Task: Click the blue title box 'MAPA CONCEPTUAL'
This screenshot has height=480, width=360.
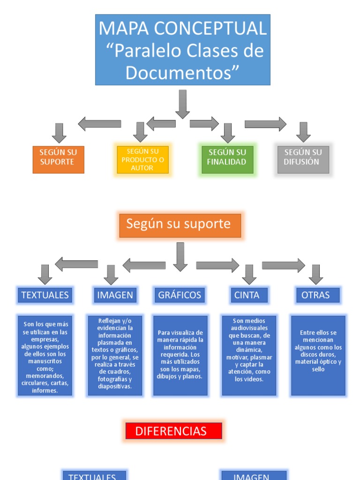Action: tap(182, 49)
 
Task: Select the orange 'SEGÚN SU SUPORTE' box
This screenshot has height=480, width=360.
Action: tap(59, 159)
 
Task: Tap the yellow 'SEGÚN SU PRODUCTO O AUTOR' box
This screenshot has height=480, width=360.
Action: tap(142, 159)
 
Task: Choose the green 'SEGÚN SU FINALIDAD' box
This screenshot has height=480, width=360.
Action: tap(227, 159)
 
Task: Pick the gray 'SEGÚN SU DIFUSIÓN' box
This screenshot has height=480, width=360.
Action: tap(303, 159)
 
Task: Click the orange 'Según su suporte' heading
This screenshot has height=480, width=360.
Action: tap(180, 225)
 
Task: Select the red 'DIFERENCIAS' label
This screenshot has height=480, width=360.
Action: tap(173, 431)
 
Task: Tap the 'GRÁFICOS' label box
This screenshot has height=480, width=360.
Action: tap(180, 295)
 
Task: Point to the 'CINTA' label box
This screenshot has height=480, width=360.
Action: tap(250, 295)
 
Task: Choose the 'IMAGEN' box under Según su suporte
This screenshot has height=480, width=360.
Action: tap(115, 295)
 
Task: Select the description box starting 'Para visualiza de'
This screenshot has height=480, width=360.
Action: tap(180, 355)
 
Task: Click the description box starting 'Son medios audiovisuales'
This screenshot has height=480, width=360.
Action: tap(249, 355)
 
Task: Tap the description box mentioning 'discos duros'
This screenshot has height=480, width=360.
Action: tap(318, 355)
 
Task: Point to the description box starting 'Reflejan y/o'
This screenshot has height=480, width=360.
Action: tap(115, 355)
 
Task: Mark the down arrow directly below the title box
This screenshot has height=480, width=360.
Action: tap(182, 104)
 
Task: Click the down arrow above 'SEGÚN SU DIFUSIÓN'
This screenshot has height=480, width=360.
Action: tap(303, 132)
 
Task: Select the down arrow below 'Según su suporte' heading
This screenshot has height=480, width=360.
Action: tap(180, 256)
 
